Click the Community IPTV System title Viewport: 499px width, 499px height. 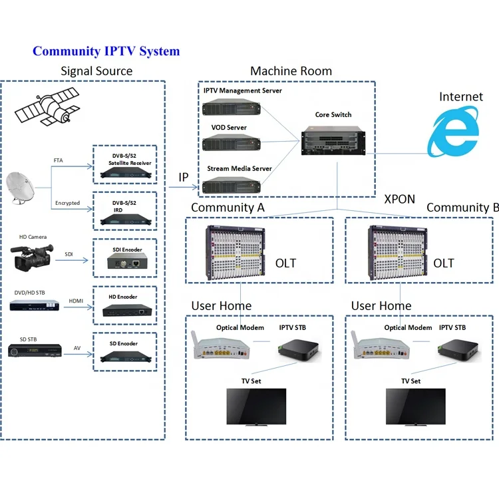tap(106, 51)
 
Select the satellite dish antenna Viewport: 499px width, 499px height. tap(26, 190)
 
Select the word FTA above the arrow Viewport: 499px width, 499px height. tap(59, 160)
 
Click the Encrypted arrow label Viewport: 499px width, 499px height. tap(67, 203)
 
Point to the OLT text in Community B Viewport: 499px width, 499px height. tap(444, 263)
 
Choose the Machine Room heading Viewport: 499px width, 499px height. tap(291, 71)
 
